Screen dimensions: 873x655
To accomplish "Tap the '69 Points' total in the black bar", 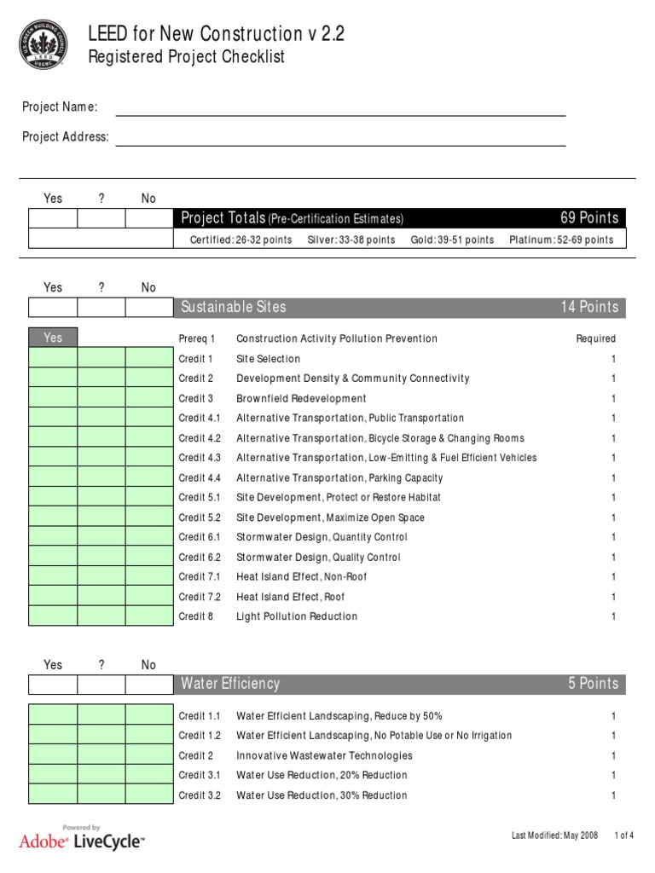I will (588, 218).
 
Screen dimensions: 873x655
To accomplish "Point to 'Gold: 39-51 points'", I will (452, 240).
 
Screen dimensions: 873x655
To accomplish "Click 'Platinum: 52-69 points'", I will (561, 240).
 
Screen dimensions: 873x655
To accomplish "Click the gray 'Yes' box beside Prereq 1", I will (53, 338).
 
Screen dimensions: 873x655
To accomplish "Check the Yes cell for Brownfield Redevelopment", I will (53, 398).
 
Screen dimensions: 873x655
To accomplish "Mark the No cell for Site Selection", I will (148, 358).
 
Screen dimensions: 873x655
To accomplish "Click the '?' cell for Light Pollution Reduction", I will (101, 616).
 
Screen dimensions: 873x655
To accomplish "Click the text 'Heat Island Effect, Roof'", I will (290, 597).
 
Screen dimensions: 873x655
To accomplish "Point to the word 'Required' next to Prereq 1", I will (595, 338).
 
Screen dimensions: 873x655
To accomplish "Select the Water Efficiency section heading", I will (230, 684).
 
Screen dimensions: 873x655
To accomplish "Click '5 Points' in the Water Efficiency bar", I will (593, 684).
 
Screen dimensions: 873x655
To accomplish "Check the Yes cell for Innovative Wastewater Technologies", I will (53, 755).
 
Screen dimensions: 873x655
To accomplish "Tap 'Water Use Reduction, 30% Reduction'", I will (322, 795).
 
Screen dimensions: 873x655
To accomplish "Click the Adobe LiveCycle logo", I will (82, 839).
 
